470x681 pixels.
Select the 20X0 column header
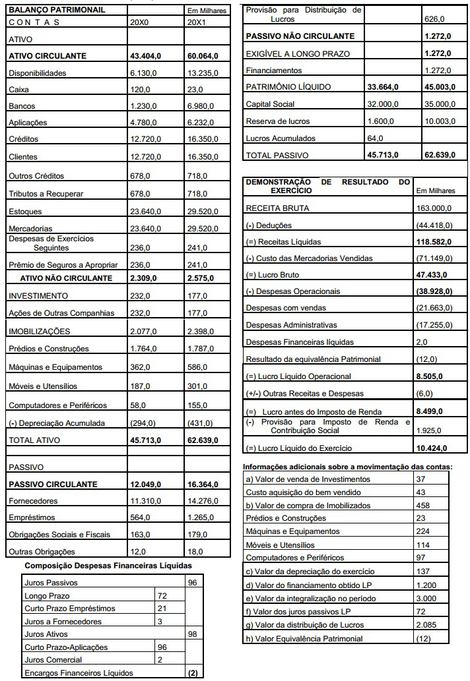(141, 22)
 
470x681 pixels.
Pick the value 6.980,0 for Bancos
(202, 106)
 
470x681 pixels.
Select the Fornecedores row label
(33, 501)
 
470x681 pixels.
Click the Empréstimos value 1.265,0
(202, 518)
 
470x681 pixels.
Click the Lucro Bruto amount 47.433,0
(432, 274)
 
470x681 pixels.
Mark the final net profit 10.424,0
(432, 448)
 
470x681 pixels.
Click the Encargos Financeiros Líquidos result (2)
(193, 672)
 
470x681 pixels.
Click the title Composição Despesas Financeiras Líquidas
(108, 566)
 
